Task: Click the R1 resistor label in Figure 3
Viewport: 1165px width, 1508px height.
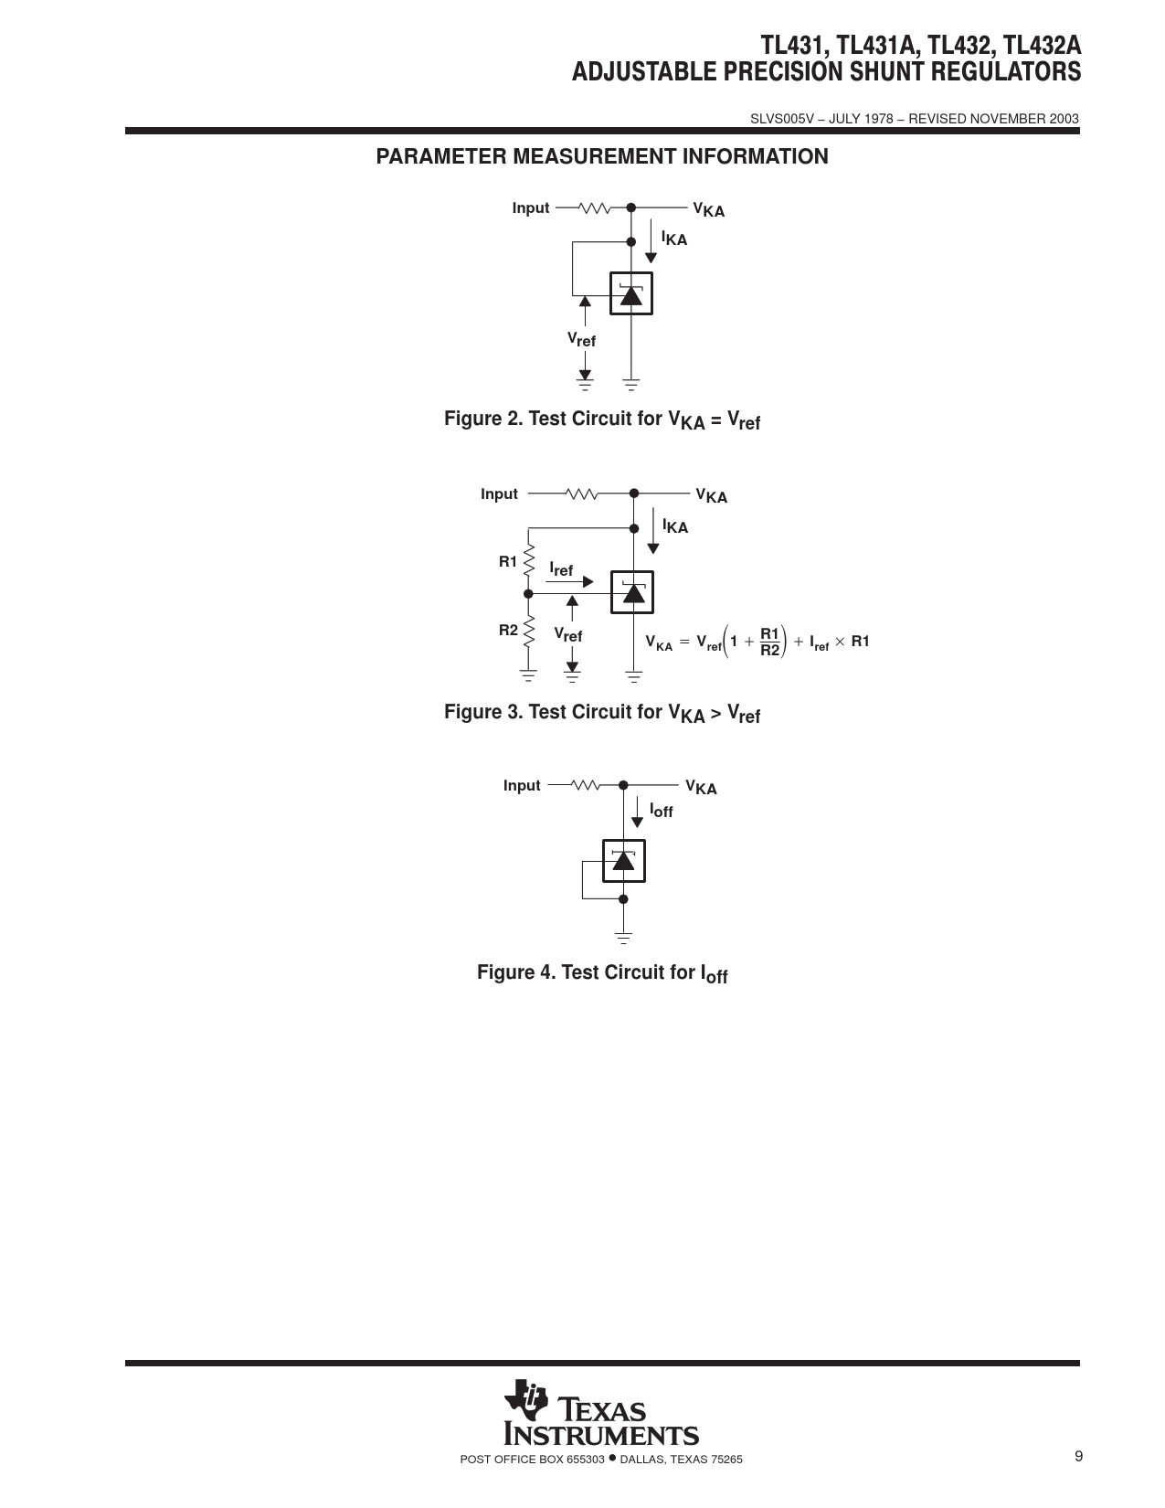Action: coord(508,561)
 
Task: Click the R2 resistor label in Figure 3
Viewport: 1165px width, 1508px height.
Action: coord(509,630)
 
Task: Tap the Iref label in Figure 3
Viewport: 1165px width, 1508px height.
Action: coord(561,569)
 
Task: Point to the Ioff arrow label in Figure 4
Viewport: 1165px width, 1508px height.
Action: coord(662,810)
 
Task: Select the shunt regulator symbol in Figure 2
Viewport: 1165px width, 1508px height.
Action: coord(630,292)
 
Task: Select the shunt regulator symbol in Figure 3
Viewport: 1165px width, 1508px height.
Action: coord(632,592)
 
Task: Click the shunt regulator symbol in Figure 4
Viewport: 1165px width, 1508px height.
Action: coord(624,861)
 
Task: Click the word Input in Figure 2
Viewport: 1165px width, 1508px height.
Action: coord(531,207)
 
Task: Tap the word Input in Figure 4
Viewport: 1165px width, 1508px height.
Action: coord(522,785)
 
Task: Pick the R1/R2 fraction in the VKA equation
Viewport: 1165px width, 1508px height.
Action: coord(769,642)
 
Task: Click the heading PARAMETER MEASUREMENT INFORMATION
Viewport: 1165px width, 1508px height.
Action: coord(602,156)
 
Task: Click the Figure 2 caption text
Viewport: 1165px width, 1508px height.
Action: coord(602,419)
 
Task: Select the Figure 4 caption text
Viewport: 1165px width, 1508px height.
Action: coord(602,973)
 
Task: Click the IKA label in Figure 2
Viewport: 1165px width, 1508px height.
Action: coord(673,238)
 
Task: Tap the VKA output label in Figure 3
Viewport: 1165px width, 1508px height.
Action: coord(712,495)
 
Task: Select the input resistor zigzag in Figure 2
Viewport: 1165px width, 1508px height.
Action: coord(595,207)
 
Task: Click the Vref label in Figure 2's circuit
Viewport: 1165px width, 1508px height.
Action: coord(581,339)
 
